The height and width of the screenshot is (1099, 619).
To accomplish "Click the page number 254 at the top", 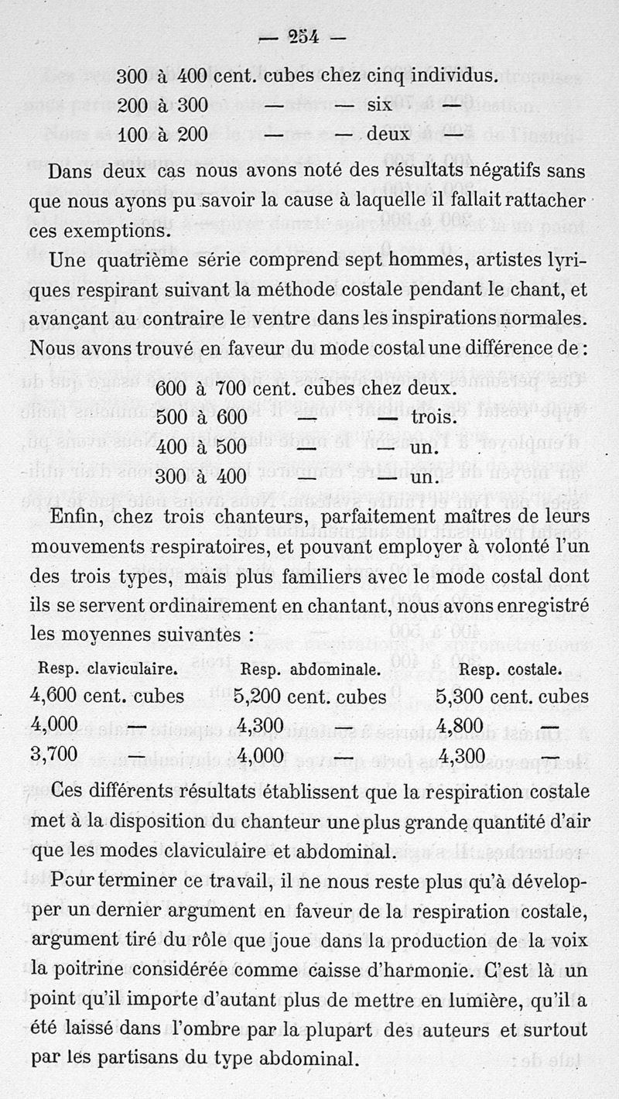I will coord(305,36).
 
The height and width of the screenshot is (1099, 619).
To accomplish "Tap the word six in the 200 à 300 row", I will coord(378,104).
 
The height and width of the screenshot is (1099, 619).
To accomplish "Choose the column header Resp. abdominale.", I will coord(310,669).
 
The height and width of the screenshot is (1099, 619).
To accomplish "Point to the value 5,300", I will coord(460,697).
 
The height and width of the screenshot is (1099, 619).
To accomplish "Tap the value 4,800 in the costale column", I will coord(460,727).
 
